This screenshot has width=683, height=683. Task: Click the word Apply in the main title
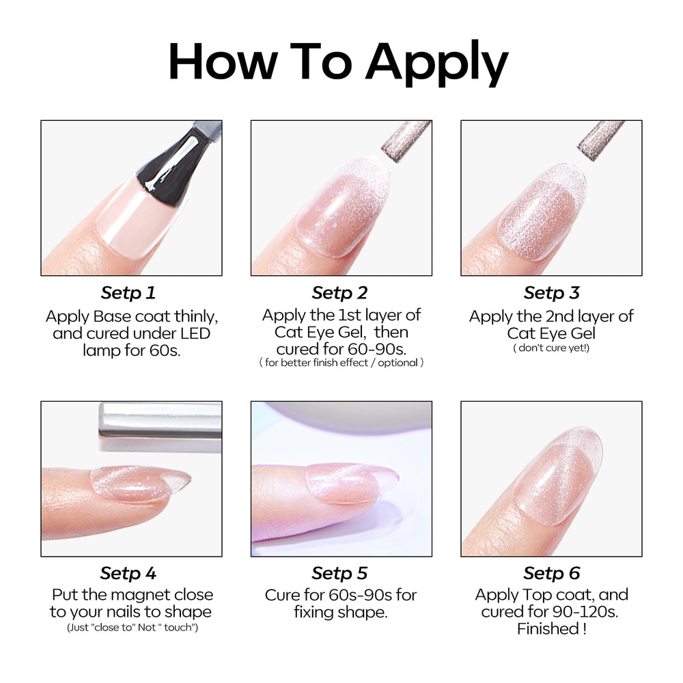click(x=437, y=63)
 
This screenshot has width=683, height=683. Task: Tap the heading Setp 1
click(x=128, y=293)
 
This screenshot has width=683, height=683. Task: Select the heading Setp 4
click(x=128, y=573)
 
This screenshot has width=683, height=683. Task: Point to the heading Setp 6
click(x=551, y=573)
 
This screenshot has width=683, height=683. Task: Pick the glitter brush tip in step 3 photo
click(x=601, y=139)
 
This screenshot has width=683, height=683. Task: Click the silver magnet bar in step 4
click(x=161, y=426)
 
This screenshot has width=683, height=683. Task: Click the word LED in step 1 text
click(x=193, y=334)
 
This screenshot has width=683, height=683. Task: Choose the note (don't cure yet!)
click(x=551, y=348)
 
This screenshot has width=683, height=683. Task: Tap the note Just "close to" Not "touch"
click(x=133, y=628)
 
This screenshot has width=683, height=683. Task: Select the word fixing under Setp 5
click(x=313, y=613)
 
